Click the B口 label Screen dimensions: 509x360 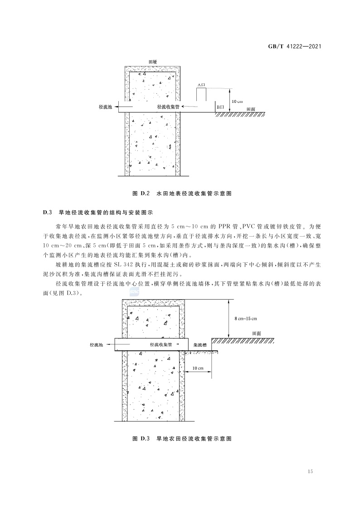tap(220, 107)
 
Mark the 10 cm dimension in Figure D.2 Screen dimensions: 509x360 tap(237, 101)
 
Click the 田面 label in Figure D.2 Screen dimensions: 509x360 tap(251, 109)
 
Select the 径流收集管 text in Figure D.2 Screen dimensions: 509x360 tap(169, 107)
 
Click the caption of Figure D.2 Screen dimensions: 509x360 tap(182, 193)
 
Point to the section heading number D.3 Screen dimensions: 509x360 tap(49, 212)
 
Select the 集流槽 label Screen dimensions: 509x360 tap(200, 345)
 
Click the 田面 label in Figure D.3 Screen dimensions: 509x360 tap(256, 334)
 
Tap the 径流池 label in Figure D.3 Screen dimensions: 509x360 tap(97, 345)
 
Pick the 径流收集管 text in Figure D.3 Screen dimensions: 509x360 tap(161, 345)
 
